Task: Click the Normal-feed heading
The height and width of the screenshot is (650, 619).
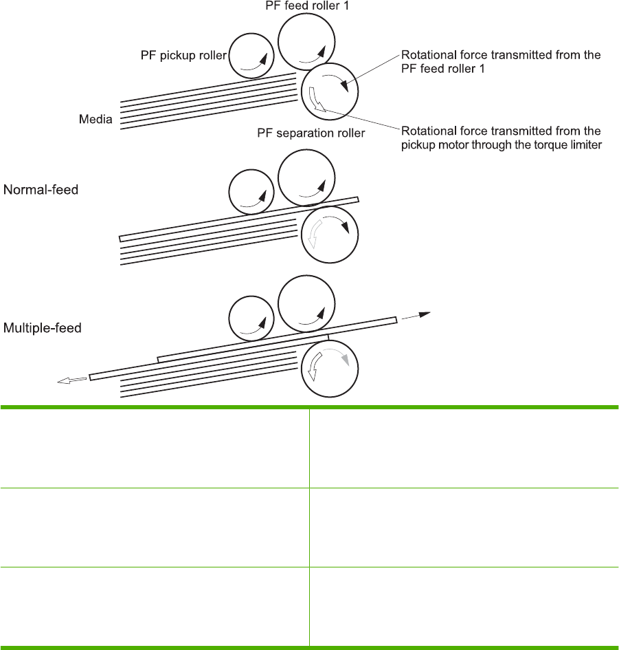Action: [41, 188]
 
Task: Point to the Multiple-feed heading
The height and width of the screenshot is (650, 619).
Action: [43, 328]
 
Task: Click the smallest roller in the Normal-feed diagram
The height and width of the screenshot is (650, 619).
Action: [251, 192]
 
